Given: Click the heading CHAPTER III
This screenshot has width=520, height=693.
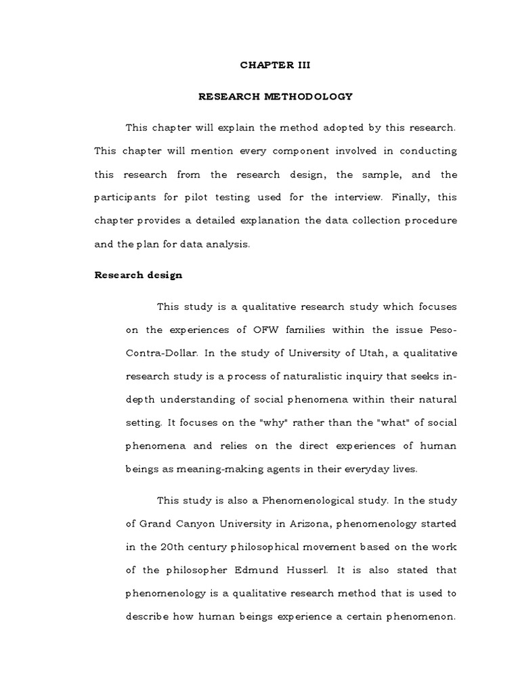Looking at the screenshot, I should tap(275, 66).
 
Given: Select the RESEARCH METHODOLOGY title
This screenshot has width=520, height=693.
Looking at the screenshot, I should tap(275, 97).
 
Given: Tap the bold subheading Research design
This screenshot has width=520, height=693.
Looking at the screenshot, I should tap(138, 275).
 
